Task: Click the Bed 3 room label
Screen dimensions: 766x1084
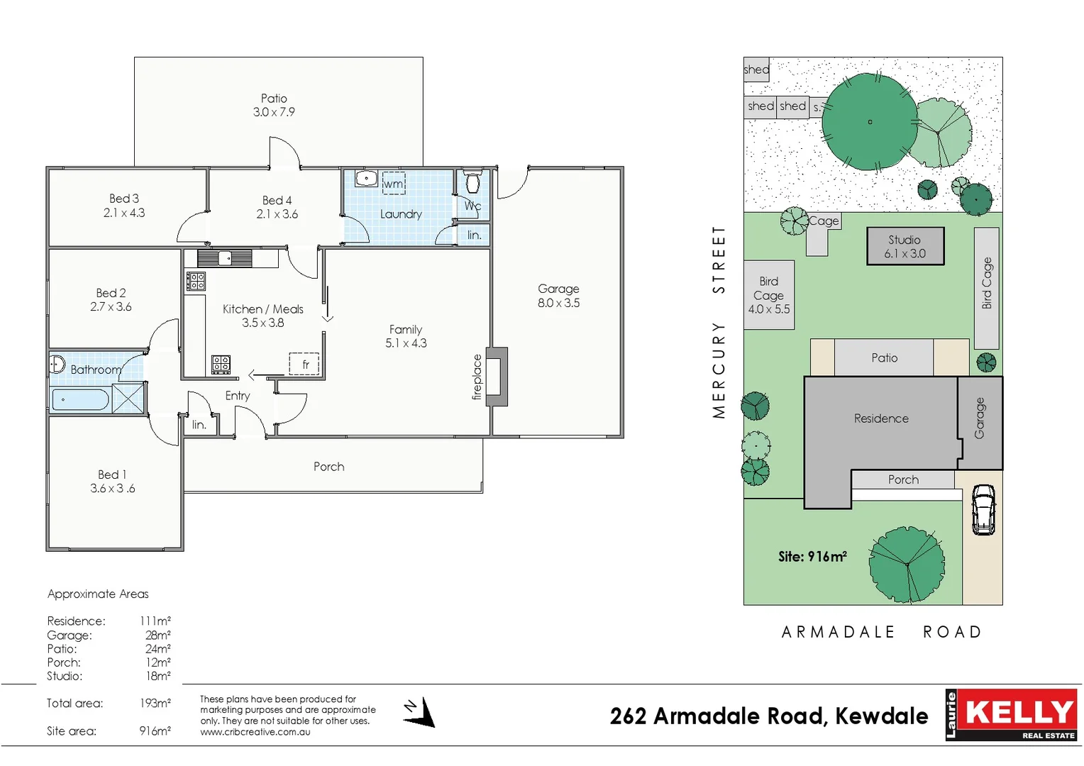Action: [124, 199]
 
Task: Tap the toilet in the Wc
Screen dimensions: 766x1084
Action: [472, 182]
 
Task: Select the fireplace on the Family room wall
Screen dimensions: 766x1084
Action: [497, 377]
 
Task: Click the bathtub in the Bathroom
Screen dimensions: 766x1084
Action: [79, 399]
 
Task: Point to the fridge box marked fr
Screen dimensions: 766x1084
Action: [304, 364]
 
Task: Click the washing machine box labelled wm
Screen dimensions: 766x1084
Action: [394, 184]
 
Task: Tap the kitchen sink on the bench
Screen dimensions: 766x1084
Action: [225, 257]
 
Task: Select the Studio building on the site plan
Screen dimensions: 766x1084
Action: [905, 246]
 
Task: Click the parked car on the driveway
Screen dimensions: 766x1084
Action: [983, 509]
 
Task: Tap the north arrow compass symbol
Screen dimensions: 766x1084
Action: [420, 712]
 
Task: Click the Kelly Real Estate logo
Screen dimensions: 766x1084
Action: [1011, 715]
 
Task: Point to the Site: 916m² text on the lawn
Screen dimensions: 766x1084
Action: [812, 557]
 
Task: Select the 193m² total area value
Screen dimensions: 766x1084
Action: [155, 704]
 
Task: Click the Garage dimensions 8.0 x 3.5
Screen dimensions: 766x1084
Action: [558, 303]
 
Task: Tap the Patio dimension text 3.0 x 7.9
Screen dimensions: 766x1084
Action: [274, 112]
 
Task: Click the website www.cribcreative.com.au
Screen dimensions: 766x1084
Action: [255, 732]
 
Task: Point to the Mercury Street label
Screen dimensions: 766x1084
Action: [719, 322]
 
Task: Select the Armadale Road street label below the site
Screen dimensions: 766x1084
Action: [881, 632]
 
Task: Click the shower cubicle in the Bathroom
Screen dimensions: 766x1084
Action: [128, 398]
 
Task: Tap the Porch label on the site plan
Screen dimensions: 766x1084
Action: [903, 480]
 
